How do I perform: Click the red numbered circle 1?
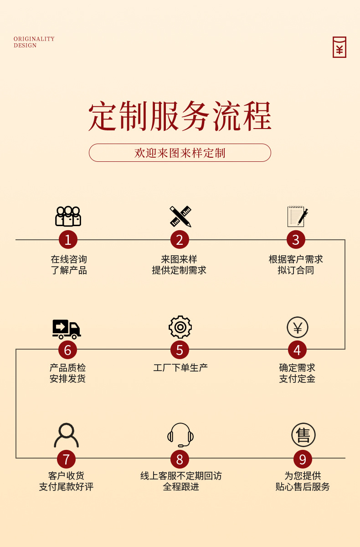[68, 240]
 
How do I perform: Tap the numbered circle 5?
[180, 350]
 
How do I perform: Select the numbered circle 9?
[303, 459]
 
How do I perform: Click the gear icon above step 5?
[180, 327]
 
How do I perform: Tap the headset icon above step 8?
[180, 435]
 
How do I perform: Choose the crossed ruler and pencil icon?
[180, 216]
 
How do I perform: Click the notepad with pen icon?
[297, 216]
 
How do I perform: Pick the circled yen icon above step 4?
[298, 327]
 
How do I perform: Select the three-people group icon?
[68, 217]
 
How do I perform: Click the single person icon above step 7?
[67, 435]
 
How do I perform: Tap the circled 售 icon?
[303, 435]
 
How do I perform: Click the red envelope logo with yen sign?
[339, 47]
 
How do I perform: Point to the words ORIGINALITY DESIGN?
[34, 42]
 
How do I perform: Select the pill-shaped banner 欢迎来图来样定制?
[180, 153]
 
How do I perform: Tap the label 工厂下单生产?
[180, 367]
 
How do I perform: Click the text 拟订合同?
[296, 270]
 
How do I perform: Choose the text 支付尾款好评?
[66, 487]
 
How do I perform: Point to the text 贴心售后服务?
[303, 487]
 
